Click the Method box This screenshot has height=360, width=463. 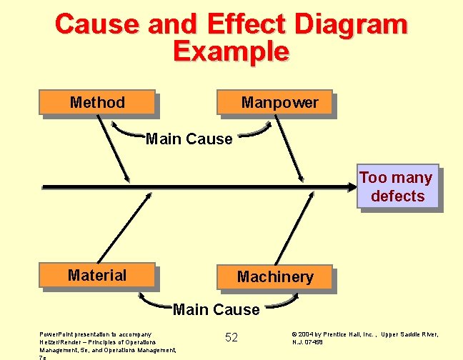click(x=97, y=102)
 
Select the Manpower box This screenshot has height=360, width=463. click(x=277, y=102)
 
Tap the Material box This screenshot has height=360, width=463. click(x=97, y=275)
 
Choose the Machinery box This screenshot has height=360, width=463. click(x=275, y=276)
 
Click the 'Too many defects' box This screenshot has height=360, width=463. click(x=397, y=187)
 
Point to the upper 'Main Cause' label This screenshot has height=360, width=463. click(x=189, y=139)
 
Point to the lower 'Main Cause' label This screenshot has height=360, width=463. click(x=216, y=309)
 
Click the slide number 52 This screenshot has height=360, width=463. click(x=231, y=337)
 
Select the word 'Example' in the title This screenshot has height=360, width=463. click(x=231, y=51)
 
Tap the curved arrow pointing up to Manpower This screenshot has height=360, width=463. click(x=257, y=131)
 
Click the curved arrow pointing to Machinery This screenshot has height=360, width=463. click(x=282, y=302)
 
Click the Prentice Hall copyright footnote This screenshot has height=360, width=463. click(x=364, y=337)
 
